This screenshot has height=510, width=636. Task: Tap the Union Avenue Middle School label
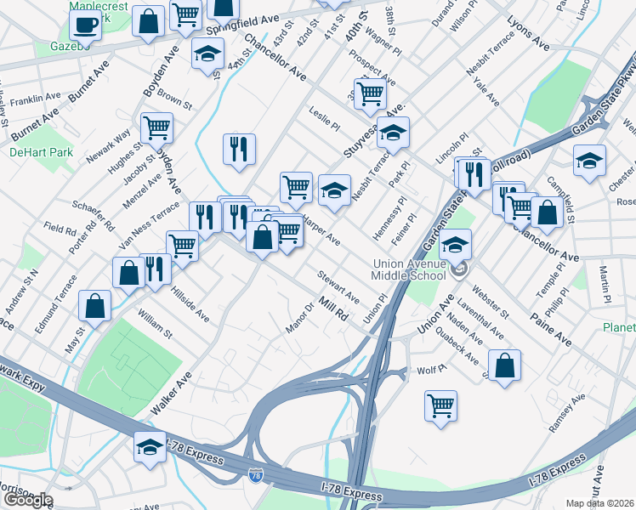point(409,269)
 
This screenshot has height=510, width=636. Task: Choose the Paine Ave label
point(554,328)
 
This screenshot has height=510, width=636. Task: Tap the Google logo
point(27,500)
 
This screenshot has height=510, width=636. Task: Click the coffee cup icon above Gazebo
point(85,24)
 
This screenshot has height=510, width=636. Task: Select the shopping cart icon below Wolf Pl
point(440,405)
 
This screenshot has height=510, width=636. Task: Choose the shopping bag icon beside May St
point(95,304)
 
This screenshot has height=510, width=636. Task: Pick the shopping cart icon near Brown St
point(156,127)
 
